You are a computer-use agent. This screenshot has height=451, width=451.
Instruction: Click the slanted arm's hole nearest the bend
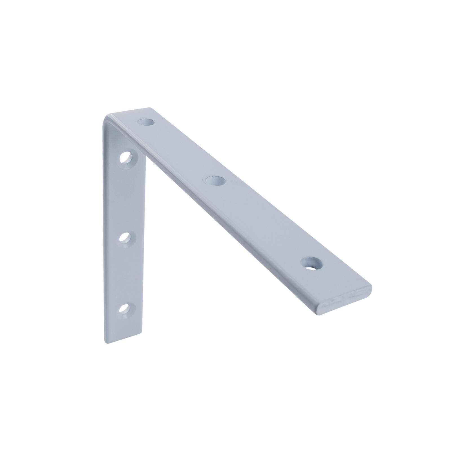pos(146,122)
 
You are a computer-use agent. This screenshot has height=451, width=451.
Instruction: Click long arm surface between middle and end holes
pos(262,223)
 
